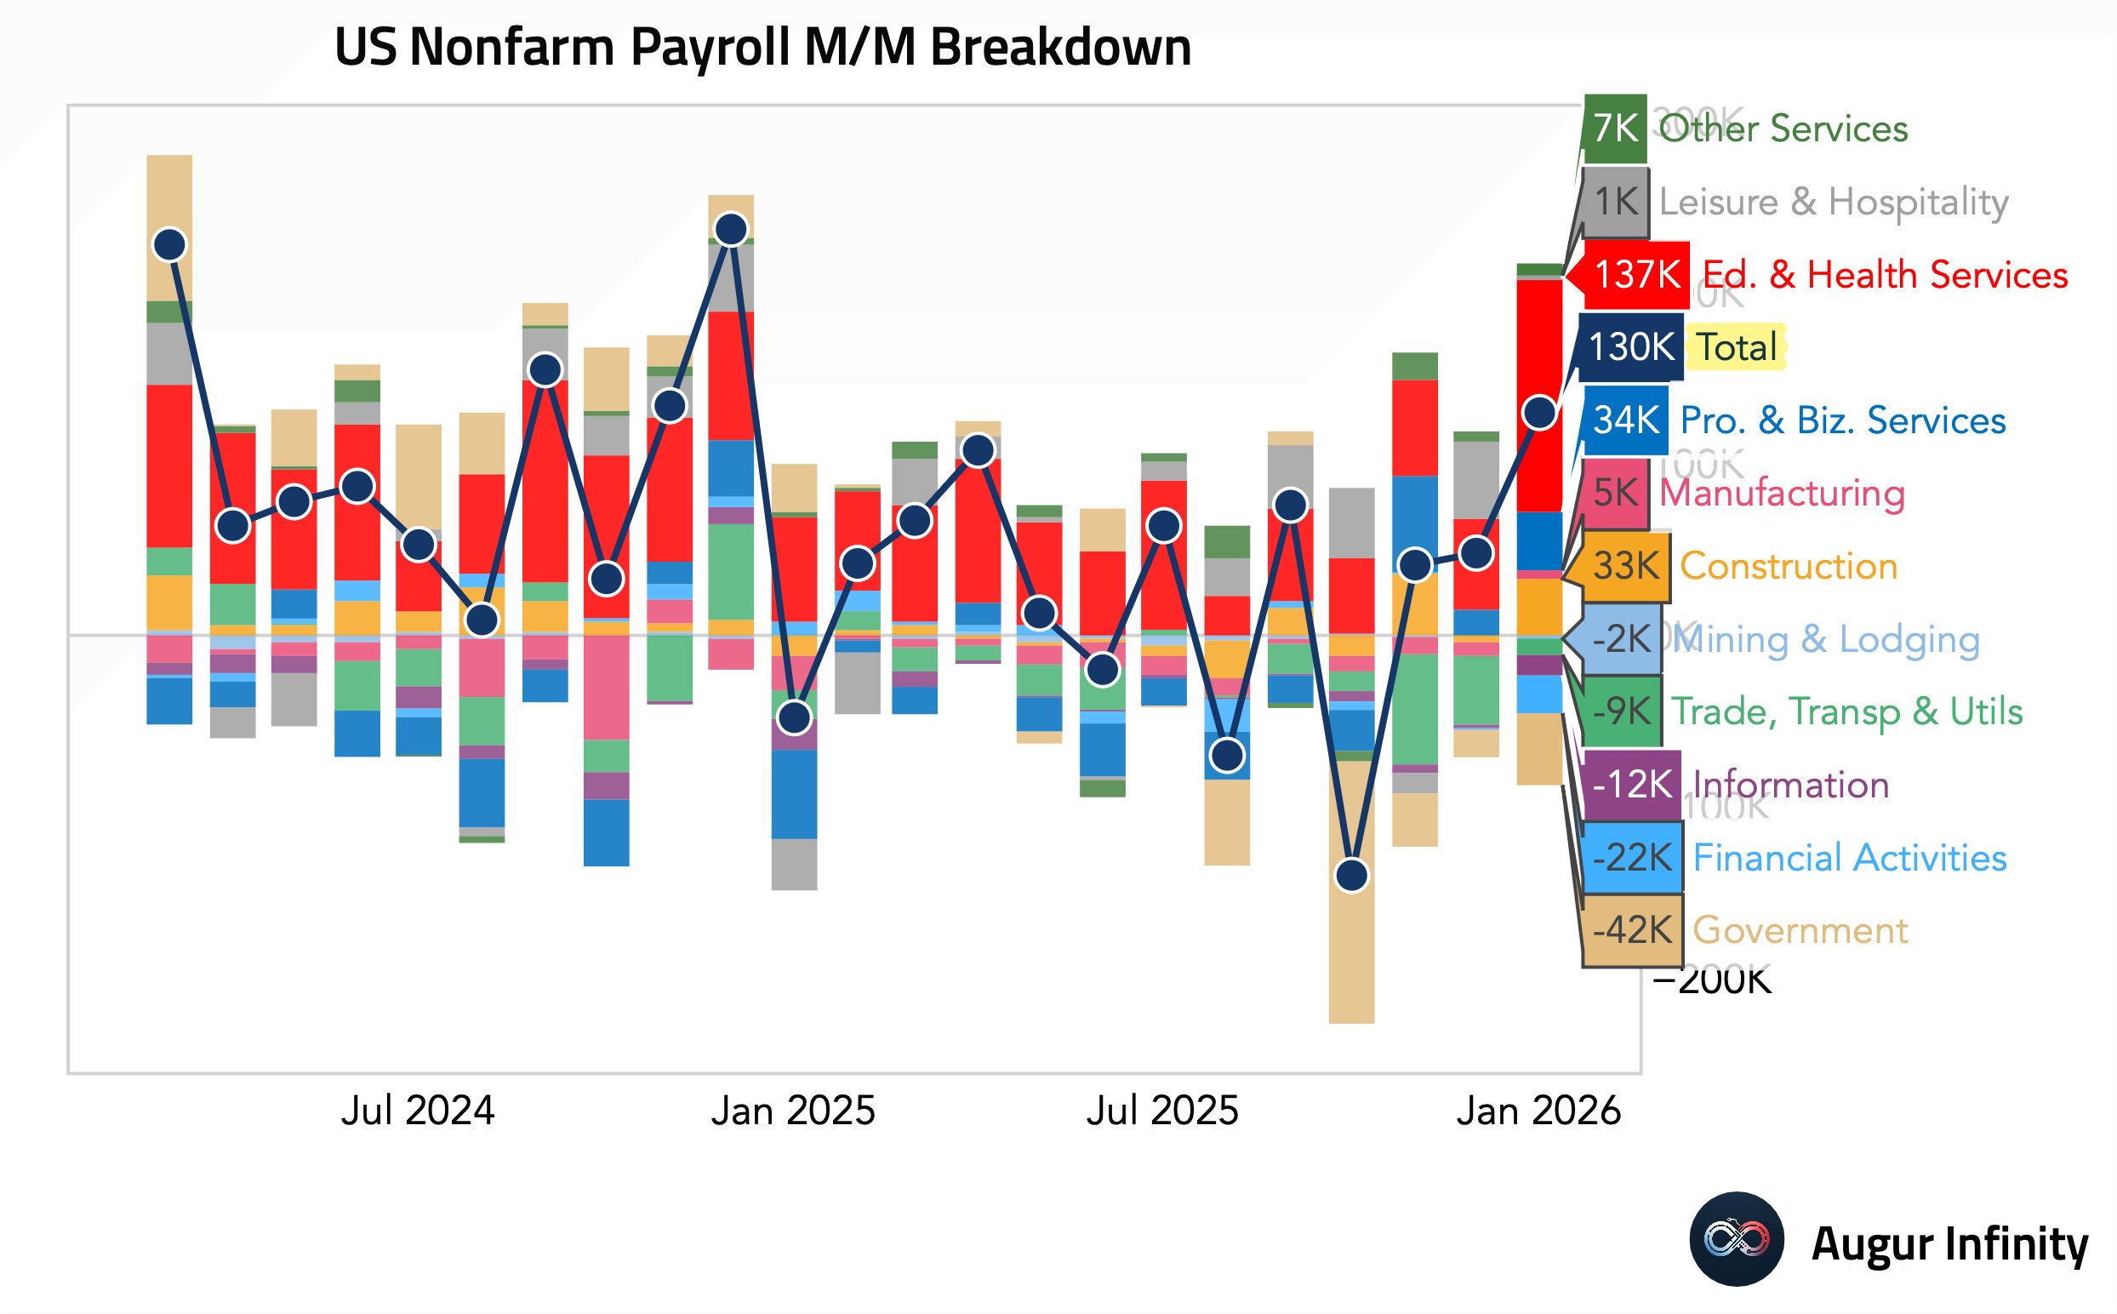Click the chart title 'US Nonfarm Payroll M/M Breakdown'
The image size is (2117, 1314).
(x=762, y=47)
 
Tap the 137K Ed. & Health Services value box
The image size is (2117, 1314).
(x=1636, y=276)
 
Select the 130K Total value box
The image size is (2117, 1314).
(x=1630, y=347)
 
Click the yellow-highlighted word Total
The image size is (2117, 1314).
(x=1737, y=347)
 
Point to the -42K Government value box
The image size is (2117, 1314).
(x=1631, y=931)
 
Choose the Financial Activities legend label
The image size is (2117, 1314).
(x=1849, y=858)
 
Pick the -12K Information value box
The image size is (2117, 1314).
(x=1631, y=785)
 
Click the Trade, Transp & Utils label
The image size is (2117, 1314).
(x=1846, y=711)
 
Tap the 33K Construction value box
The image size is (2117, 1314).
(x=1625, y=567)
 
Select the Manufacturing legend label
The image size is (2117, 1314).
(x=1782, y=494)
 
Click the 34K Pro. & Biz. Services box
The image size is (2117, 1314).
(x=1625, y=420)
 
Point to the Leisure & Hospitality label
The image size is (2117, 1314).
(x=1833, y=202)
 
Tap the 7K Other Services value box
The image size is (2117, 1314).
(x=1615, y=129)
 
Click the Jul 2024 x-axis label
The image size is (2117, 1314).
(x=417, y=1111)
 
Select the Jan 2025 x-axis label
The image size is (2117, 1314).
(x=792, y=1111)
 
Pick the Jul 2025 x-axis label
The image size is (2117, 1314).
(x=1161, y=1111)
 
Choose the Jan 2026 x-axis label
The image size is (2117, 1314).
(x=1538, y=1111)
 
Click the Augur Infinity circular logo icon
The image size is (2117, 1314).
(x=1736, y=1239)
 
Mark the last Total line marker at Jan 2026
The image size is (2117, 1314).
(x=1539, y=413)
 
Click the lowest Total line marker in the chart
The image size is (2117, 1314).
(x=1352, y=875)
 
